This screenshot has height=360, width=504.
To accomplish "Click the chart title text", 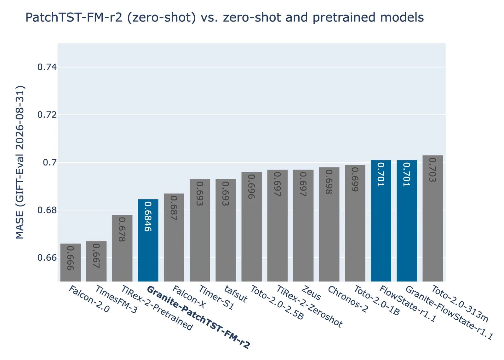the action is click(225, 17).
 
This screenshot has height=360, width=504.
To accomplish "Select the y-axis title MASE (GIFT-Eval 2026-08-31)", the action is click(20, 162).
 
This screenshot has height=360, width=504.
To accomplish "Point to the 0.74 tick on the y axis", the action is click(47, 67).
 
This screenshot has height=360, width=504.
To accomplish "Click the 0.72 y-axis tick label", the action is click(47, 115).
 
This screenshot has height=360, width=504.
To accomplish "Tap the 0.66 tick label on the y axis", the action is click(47, 258).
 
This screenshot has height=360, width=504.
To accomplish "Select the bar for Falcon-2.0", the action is click(71, 263).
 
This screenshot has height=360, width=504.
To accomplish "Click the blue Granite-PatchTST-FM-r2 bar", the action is click(148, 241).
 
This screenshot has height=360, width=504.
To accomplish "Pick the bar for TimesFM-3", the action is click(96, 261).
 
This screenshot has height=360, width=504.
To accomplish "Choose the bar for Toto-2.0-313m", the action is click(433, 218).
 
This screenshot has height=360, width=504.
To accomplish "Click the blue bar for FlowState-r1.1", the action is click(381, 221).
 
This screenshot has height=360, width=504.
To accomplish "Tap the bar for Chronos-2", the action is click(329, 224).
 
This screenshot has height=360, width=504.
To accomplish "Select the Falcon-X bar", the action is click(174, 237).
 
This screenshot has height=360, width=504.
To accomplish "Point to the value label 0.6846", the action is click(148, 217).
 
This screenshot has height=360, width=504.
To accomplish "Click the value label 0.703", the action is click(433, 170).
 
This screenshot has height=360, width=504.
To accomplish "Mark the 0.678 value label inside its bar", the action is click(122, 229).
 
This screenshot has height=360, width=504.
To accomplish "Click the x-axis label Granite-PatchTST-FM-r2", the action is click(198, 317).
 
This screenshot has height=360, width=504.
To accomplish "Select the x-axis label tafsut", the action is click(236, 293).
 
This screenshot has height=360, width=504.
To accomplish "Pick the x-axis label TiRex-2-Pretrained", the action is click(157, 308).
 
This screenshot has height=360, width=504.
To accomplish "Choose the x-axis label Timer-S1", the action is click(217, 298).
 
